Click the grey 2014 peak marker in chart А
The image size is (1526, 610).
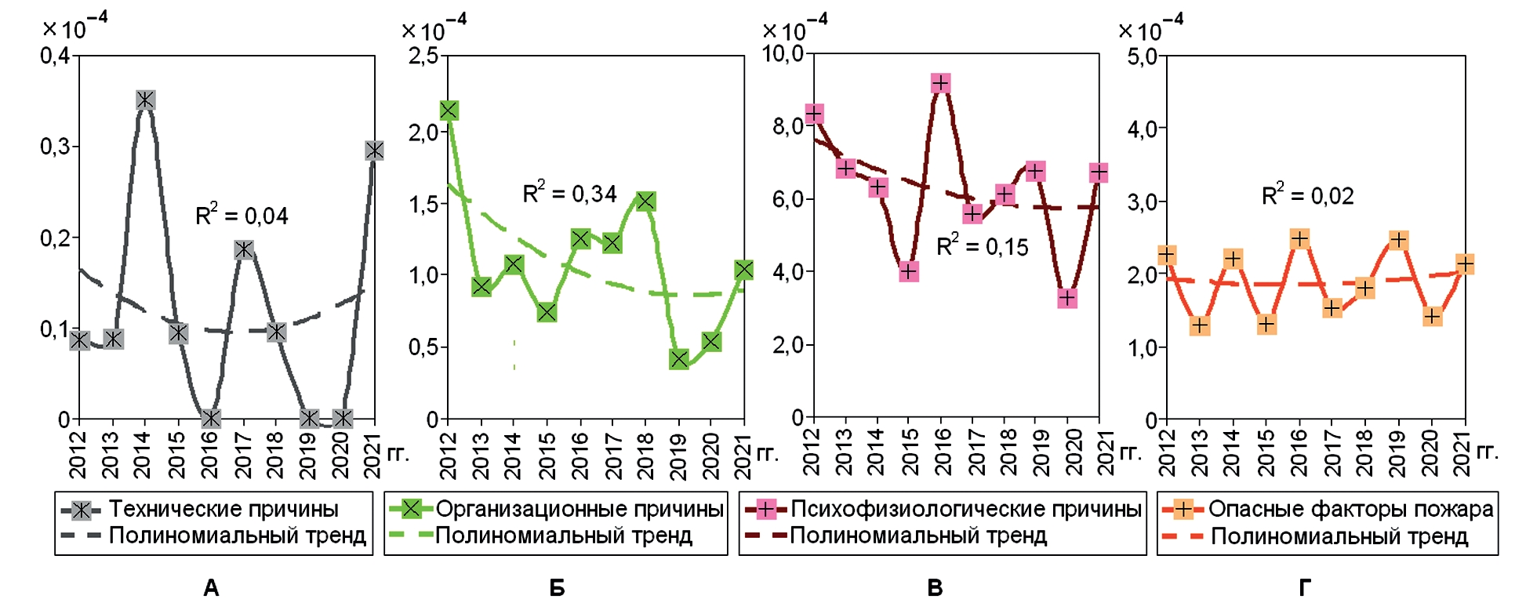145,100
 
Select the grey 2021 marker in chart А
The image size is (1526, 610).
374,150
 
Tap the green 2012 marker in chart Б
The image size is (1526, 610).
449,111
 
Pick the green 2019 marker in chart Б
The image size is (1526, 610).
679,359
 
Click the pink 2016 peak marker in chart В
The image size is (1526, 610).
941,83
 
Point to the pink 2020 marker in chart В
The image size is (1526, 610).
1066,298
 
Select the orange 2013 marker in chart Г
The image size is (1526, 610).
1199,325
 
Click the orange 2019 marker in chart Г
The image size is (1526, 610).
1398,240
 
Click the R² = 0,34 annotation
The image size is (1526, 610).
569,193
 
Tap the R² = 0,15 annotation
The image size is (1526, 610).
983,246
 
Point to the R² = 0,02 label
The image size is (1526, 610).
1307,194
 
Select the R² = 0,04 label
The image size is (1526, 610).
242,215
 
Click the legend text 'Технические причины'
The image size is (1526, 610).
223,509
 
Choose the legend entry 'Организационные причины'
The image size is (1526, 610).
579,509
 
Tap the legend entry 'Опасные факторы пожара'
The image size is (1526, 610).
1350,509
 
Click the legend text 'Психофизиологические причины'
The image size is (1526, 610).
965,509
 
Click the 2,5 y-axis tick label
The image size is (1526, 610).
423,56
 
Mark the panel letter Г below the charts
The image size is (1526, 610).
1305,587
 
